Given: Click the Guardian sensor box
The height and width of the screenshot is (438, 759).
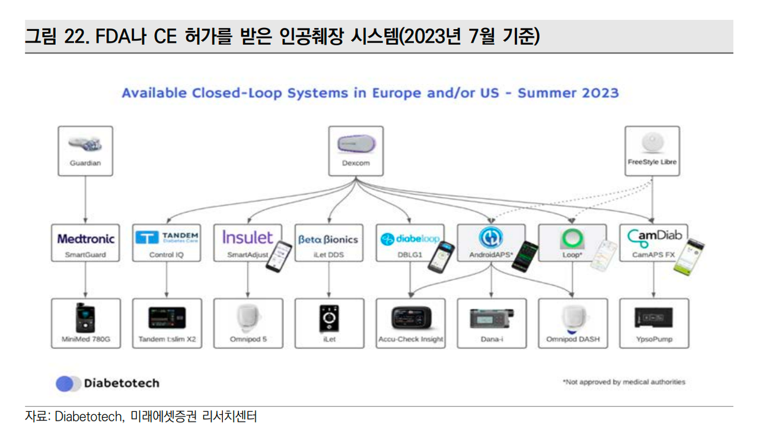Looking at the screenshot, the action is (x=85, y=151).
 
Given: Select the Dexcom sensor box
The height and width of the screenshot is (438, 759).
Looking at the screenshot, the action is (x=356, y=151).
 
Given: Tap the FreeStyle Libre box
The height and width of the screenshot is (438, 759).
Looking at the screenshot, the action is (x=652, y=151).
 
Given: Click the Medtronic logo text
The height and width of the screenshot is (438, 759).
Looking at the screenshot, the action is (x=86, y=239).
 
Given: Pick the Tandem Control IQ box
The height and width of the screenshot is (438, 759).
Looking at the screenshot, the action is (x=167, y=242).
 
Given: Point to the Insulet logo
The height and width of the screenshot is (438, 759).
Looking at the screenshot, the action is (x=247, y=237).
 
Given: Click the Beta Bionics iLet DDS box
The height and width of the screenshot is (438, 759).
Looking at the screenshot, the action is (x=329, y=242).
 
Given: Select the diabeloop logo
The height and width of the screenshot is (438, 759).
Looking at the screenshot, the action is (x=410, y=239).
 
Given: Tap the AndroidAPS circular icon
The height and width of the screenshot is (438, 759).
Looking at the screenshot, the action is (x=490, y=237).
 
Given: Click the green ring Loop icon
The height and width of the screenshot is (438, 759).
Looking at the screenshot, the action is (x=572, y=238).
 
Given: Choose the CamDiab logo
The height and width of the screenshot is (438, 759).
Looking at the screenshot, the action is (x=654, y=238).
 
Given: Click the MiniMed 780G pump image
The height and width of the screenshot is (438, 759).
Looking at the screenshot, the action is (x=85, y=318).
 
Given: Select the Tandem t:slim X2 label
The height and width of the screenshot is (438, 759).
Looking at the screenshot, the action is (x=167, y=339).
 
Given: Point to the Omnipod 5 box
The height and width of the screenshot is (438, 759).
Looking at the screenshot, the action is (x=248, y=323).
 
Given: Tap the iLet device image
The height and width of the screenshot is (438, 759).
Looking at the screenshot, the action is (x=329, y=318).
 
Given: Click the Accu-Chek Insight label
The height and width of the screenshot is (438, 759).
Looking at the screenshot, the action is (x=411, y=339).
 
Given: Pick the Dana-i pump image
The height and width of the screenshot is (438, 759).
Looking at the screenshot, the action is (x=492, y=318).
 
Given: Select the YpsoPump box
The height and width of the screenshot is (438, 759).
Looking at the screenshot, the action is (x=654, y=323).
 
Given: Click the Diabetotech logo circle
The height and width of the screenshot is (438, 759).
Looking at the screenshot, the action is (x=65, y=384).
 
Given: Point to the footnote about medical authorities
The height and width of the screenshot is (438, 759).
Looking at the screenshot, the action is (x=624, y=382).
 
